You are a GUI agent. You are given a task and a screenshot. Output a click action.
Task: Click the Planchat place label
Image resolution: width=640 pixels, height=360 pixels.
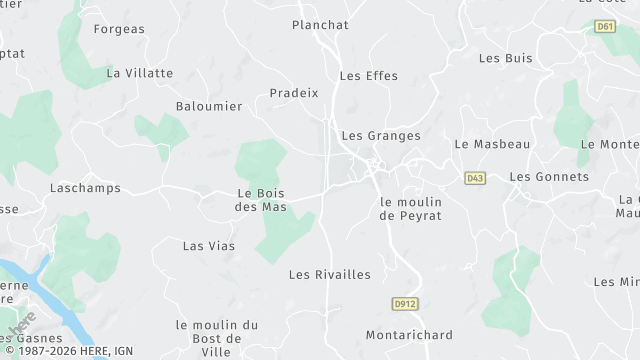320,25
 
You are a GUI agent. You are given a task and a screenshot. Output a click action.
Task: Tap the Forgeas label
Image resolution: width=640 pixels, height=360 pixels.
119,29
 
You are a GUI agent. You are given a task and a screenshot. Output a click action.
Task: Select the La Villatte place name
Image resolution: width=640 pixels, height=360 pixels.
140,73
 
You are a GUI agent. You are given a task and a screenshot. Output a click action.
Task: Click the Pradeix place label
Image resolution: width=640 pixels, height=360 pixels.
294,93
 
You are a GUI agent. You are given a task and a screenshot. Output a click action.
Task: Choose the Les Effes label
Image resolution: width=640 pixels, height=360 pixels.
369,76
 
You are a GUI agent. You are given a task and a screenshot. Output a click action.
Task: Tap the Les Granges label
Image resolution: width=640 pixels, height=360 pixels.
381,136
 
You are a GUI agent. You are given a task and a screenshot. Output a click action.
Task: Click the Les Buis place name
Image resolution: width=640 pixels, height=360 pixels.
506,58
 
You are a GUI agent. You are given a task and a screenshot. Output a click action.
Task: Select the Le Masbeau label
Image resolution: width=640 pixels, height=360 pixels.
492,144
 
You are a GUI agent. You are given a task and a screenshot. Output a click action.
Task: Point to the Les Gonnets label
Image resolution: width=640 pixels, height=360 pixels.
549,177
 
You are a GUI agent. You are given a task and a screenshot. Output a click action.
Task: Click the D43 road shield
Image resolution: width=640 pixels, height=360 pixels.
475,178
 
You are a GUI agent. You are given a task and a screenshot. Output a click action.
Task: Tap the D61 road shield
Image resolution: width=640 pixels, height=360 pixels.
604,26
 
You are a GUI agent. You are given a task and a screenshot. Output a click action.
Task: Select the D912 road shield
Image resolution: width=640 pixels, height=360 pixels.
402,302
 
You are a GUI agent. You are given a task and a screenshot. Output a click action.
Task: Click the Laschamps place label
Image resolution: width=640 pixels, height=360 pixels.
85,188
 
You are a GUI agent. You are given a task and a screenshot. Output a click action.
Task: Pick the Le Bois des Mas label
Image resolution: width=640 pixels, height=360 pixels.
261,200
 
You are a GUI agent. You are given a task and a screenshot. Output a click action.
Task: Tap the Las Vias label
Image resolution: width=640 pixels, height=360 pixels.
209,246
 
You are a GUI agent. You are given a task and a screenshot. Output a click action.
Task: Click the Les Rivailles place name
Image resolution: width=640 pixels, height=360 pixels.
330,275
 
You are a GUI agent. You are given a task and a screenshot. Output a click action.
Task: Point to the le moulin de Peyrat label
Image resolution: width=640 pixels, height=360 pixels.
411,209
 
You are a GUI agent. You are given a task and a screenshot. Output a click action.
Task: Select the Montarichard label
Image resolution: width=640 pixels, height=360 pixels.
409,335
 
